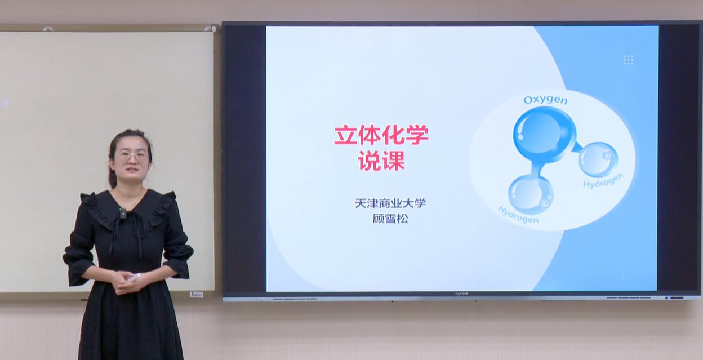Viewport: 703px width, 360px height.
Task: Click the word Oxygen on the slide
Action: [545, 100]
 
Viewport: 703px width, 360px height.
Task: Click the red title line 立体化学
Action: [381, 135]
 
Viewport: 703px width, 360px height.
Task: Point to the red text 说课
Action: [381, 161]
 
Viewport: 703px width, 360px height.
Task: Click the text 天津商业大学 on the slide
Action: [390, 203]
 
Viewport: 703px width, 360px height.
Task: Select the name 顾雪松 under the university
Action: [390, 219]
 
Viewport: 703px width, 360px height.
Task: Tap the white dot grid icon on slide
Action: [628, 60]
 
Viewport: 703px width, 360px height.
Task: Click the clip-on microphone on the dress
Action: [123, 214]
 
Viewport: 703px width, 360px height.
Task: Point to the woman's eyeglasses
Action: [132, 155]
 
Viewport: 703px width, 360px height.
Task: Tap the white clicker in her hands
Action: [134, 277]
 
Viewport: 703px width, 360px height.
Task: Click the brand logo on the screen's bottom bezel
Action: [461, 294]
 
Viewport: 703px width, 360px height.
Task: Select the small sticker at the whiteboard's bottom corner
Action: [196, 295]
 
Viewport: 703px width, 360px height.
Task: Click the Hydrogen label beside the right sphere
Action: [603, 181]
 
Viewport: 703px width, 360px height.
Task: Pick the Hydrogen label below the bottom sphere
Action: [518, 215]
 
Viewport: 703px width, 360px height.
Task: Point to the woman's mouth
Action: [132, 170]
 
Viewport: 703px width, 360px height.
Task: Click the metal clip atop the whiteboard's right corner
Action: [210, 29]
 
